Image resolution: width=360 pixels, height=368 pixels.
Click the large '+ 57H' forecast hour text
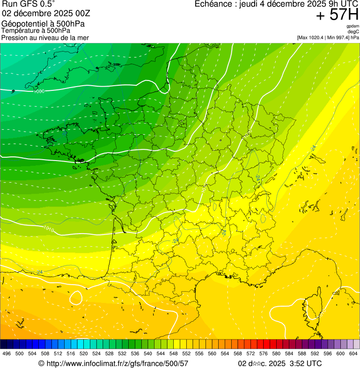point(337,15)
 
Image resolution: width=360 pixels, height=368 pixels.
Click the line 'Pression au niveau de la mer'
point(45,37)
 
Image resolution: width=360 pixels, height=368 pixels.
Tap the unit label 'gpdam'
point(353,26)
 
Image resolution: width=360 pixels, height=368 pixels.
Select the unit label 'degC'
point(353,32)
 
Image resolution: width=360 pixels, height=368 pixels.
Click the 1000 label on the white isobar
point(39,91)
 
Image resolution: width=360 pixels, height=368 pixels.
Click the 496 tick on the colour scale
point(7,353)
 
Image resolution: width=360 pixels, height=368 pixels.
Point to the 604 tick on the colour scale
point(353,353)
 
